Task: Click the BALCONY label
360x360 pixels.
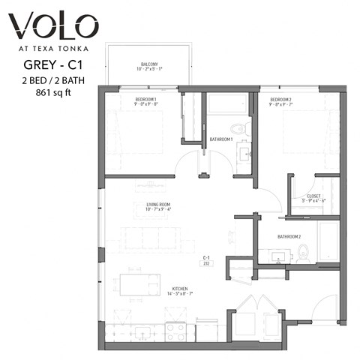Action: coord(148,64)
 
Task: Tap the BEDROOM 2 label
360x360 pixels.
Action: coord(280,100)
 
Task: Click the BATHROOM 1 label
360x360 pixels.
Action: coord(221,139)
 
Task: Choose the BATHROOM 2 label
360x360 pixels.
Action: coord(288,236)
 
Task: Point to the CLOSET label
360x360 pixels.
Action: coord(313,196)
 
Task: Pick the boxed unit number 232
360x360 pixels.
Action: coord(205,263)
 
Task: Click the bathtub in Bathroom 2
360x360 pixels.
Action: coord(329,242)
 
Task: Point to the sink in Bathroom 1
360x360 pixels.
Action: coord(244,154)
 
